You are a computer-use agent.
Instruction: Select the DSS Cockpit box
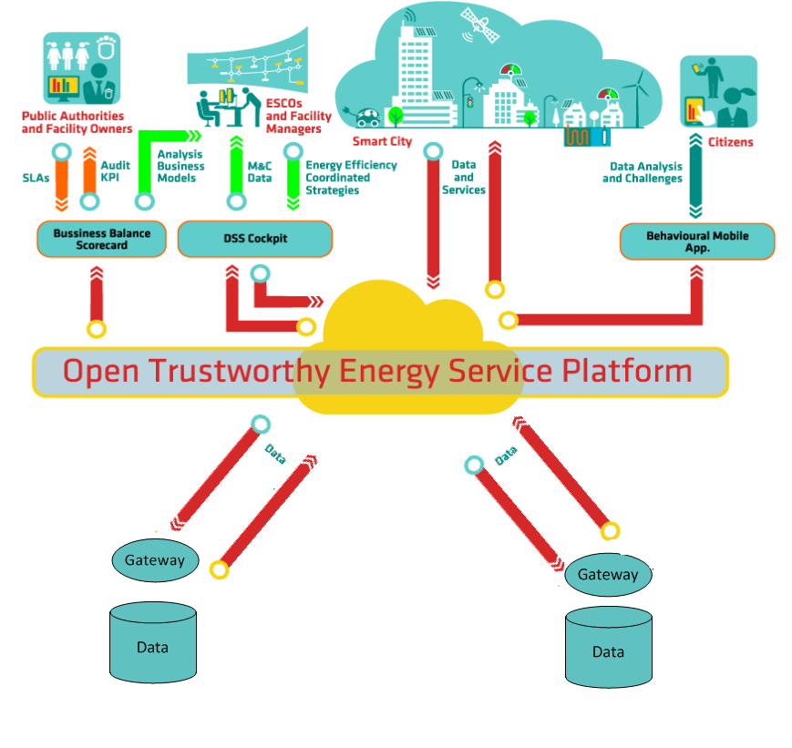pyautogui.click(x=254, y=239)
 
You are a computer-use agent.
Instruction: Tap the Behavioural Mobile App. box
pyautogui.click(x=696, y=241)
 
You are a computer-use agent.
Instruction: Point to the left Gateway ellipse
pyautogui.click(x=154, y=560)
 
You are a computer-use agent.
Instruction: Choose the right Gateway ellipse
pyautogui.click(x=608, y=575)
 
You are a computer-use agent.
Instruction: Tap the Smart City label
pyautogui.click(x=382, y=142)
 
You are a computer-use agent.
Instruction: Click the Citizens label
pyautogui.click(x=730, y=142)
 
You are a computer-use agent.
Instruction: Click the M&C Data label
pyautogui.click(x=260, y=172)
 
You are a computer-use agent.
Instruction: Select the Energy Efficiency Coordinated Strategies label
pyautogui.click(x=351, y=178)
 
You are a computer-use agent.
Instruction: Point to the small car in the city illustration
pyautogui.click(x=368, y=117)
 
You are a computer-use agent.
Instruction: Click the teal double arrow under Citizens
pyautogui.click(x=695, y=178)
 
